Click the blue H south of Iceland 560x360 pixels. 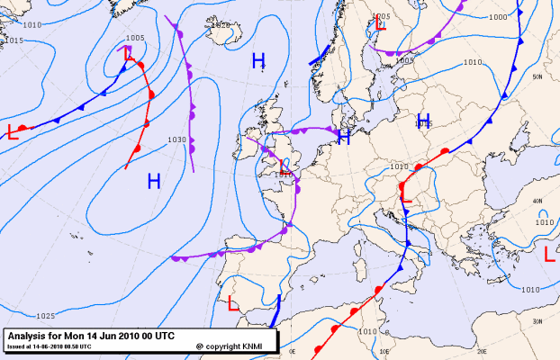[x=258, y=61]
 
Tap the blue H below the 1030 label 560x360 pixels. [x=154, y=181]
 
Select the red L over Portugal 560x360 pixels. [x=233, y=303]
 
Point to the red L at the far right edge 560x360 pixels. [x=550, y=255]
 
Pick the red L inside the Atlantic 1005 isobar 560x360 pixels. [x=129, y=54]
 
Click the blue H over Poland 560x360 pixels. [x=422, y=121]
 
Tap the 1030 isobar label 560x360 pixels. [x=176, y=139]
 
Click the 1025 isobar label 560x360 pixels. [x=46, y=316]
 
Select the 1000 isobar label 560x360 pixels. [x=498, y=17]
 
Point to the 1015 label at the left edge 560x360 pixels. [x=14, y=40]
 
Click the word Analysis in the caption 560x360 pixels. [x=26, y=335]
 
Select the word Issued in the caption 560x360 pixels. [x=16, y=345]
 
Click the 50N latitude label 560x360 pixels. [x=537, y=77]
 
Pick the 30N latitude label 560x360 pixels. [x=537, y=321]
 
